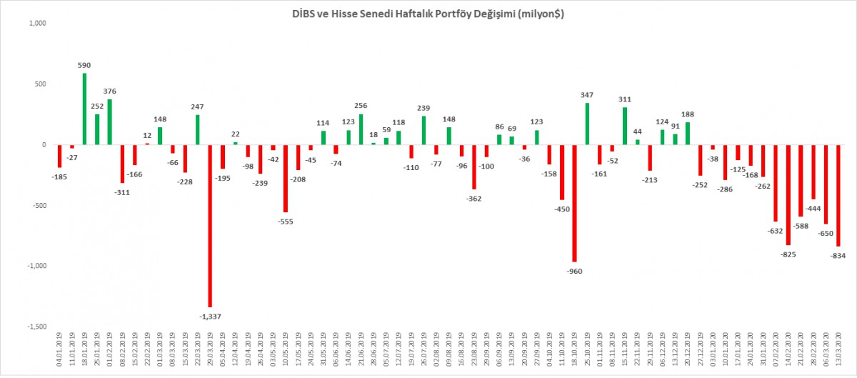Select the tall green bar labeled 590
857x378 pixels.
click(84, 109)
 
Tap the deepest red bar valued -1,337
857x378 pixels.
click(210, 226)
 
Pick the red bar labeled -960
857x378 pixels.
click(574, 203)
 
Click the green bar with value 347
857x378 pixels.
click(587, 124)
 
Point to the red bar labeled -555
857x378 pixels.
click(286, 179)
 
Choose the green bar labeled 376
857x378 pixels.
click(109, 122)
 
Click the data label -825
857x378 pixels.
click(788, 254)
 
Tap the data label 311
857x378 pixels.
click(625, 99)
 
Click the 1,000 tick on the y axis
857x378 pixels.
click(36, 24)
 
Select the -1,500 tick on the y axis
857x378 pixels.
click(34, 326)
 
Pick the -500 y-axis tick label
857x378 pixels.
click(36, 205)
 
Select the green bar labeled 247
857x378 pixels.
click(197, 130)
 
